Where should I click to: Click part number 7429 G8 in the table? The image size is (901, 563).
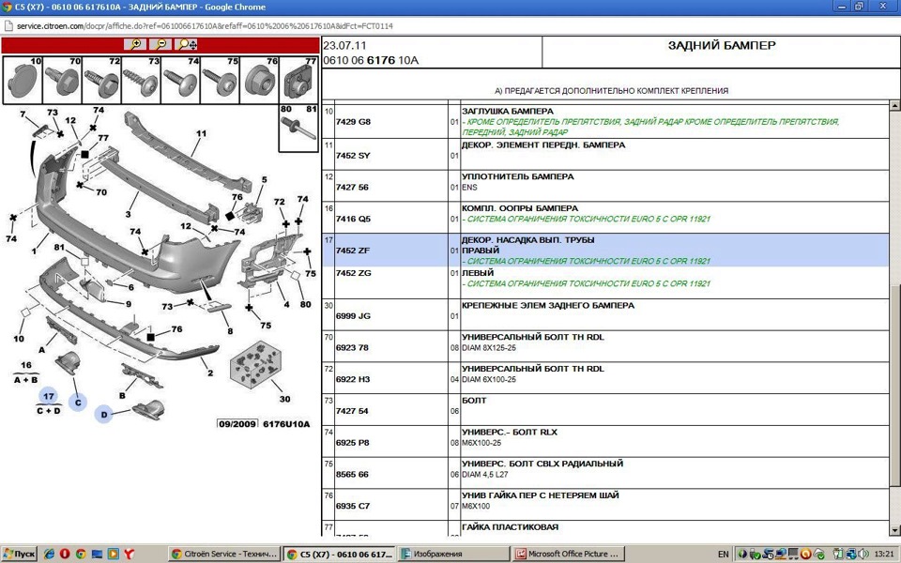pyautogui.click(x=353, y=122)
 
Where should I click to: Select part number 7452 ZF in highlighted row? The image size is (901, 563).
pyautogui.click(x=353, y=251)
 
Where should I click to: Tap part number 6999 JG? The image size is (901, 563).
pyautogui.click(x=353, y=316)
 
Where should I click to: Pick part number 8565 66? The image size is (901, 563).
pyautogui.click(x=353, y=475)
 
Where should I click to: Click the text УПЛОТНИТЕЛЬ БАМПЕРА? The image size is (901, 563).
pyautogui.click(x=517, y=176)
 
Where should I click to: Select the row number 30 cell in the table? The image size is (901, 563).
pyautogui.click(x=328, y=306)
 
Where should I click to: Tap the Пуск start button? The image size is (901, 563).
pyautogui.click(x=19, y=554)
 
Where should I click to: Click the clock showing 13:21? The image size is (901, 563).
pyautogui.click(x=883, y=554)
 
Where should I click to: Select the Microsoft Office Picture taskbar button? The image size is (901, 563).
pyautogui.click(x=568, y=554)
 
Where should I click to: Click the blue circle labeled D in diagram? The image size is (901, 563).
pyautogui.click(x=103, y=414)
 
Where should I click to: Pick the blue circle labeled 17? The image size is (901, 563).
pyautogui.click(x=48, y=397)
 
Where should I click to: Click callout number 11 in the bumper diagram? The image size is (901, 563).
pyautogui.click(x=200, y=134)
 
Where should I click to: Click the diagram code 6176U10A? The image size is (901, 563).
pyautogui.click(x=285, y=424)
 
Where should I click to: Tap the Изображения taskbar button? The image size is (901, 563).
pyautogui.click(x=452, y=554)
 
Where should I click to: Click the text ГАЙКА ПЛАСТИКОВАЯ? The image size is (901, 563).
pyautogui.click(x=510, y=527)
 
